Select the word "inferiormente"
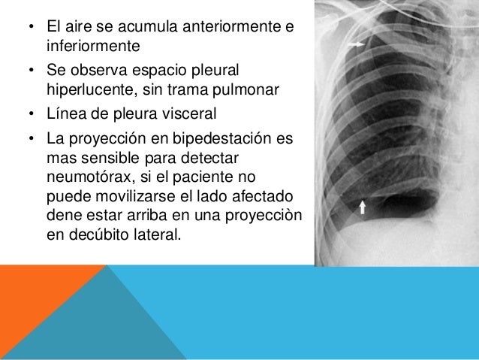pyautogui.click(x=93, y=46)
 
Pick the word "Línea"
pyautogui.click(x=67, y=114)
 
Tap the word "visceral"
pyautogui.click(x=188, y=114)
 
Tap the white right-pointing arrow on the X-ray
pyautogui.click(x=357, y=44)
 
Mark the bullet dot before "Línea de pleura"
pyautogui.click(x=31, y=115)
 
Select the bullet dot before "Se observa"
pyautogui.click(x=31, y=73)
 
